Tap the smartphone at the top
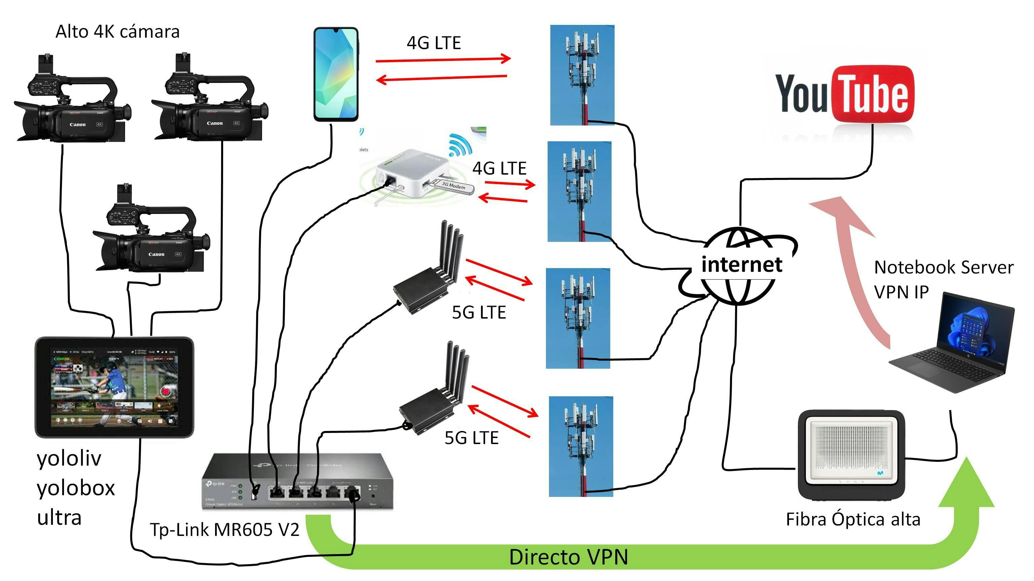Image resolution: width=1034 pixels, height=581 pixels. tap(336, 74)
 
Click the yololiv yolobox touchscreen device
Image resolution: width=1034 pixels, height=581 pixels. tap(114, 387)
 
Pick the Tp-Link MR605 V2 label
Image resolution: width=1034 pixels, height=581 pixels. tap(225, 530)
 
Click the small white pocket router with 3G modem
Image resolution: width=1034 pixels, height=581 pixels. tap(413, 175)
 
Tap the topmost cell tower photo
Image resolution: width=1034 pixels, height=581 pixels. tap(582, 75)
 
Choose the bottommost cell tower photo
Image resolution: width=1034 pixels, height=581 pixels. tap(581, 446)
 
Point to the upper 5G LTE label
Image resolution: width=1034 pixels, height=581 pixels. tap(479, 313)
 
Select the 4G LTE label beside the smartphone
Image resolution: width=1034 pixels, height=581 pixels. tap(434, 43)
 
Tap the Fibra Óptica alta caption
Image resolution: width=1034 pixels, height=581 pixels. tap(853, 520)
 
